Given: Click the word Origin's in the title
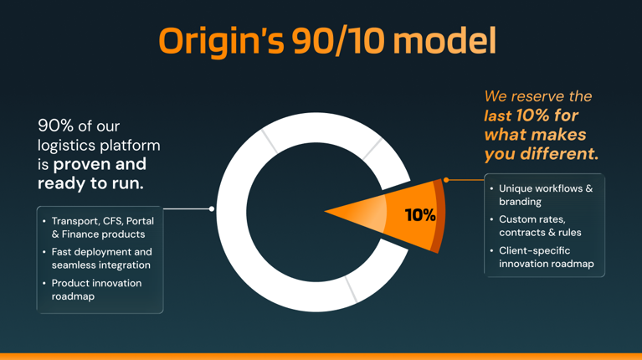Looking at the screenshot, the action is (x=221, y=42).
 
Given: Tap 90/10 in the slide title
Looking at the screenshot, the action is (x=338, y=41).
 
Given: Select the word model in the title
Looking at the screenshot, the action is (x=444, y=40).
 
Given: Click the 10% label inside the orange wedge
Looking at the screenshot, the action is (x=420, y=215).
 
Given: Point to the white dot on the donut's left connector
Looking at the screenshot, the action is (x=211, y=208).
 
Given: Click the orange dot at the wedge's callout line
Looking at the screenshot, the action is (x=446, y=180).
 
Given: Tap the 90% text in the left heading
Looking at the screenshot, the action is (x=55, y=126).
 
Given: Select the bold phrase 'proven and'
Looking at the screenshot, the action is (x=100, y=164).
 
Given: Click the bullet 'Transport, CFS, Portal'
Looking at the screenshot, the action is (x=103, y=221).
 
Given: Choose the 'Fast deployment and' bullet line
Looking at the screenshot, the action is (x=101, y=252).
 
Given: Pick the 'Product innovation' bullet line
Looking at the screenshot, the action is (x=96, y=283).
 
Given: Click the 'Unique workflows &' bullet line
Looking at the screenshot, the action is (x=546, y=188).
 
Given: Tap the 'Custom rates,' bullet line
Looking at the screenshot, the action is (x=532, y=219).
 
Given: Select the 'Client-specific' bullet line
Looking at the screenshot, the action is (x=534, y=250).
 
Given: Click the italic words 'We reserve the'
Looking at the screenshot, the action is (x=538, y=96).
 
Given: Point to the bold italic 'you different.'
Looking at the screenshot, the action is (x=542, y=154).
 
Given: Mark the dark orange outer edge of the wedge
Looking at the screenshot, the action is (x=439, y=216).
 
